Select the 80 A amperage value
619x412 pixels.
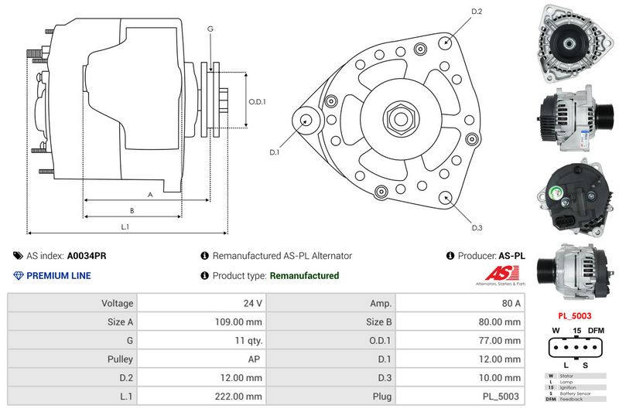click(x=511, y=304)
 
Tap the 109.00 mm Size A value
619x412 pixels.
click(x=241, y=322)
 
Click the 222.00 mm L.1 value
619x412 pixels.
click(x=241, y=397)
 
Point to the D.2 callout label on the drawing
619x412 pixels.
click(x=477, y=12)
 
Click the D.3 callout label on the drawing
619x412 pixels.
click(x=477, y=227)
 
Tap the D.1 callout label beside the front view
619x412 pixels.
click(x=274, y=152)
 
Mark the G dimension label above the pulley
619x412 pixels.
click(x=210, y=29)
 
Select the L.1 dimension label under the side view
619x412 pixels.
click(x=125, y=226)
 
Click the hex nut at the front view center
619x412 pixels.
click(x=400, y=119)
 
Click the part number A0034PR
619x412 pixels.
click(x=87, y=256)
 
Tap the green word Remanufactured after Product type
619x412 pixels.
click(x=304, y=275)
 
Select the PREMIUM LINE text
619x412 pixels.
click(x=59, y=275)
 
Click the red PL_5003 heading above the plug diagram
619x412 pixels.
click(x=575, y=316)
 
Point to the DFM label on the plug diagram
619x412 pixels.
click(x=596, y=331)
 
